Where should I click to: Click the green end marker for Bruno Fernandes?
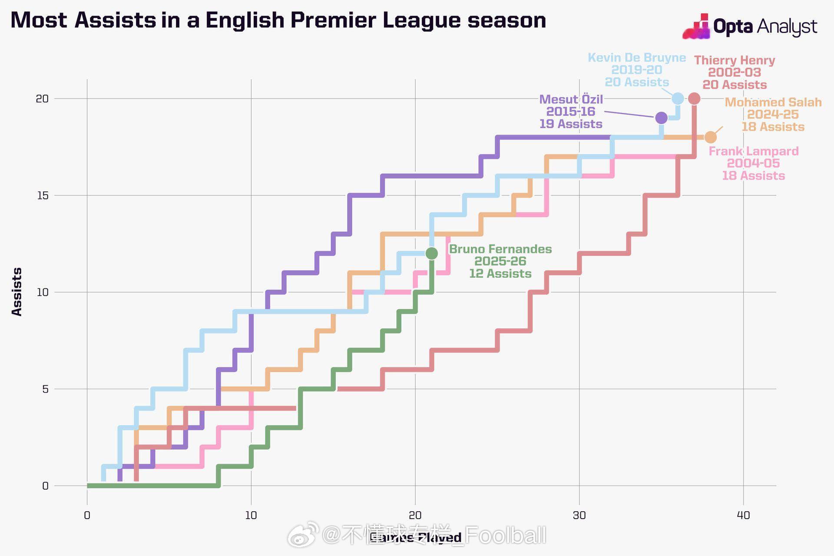coord(431,253)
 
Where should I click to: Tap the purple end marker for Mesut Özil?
coord(661,118)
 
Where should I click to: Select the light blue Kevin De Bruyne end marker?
coord(678,99)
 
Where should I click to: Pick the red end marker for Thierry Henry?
coord(694,99)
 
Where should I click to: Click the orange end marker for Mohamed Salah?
coord(710,137)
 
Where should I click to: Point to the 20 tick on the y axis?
coord(42,99)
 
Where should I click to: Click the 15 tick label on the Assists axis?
coord(43,195)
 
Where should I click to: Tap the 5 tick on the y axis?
coord(45,389)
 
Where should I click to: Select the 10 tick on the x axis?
coord(251,516)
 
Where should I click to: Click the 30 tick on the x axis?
coord(579,516)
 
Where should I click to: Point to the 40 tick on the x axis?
coord(743,516)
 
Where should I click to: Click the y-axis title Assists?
coord(17,291)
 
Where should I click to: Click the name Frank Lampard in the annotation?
coord(754,151)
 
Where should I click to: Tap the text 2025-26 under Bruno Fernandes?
coord(500,261)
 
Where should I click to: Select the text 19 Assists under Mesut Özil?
coord(571,124)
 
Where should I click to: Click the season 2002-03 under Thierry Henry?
coord(735,73)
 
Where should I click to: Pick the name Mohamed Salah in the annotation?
coord(773,102)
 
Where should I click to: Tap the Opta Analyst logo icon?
coord(696,27)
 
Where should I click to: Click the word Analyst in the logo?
coord(787,27)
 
